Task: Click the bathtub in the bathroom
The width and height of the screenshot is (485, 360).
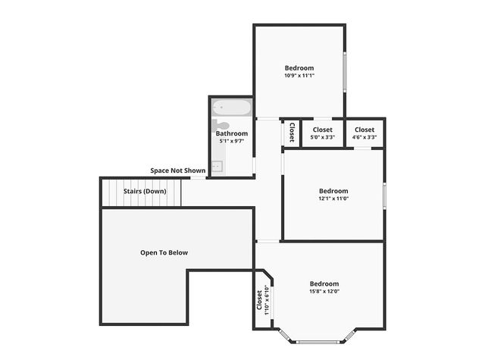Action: click(x=230, y=108)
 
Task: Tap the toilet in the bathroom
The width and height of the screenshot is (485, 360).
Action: click(x=221, y=125)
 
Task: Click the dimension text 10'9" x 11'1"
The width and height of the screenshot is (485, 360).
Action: click(x=299, y=76)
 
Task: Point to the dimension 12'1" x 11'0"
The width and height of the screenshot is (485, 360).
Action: click(x=333, y=199)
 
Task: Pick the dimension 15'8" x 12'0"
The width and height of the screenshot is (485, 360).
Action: click(x=324, y=291)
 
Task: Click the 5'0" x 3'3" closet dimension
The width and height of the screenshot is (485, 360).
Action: click(x=322, y=137)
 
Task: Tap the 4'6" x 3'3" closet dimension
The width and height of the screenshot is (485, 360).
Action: click(x=364, y=137)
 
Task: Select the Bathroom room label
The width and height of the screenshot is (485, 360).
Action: click(x=232, y=133)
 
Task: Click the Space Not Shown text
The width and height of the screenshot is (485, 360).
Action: click(x=177, y=171)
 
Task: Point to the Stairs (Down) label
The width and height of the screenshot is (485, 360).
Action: click(x=145, y=191)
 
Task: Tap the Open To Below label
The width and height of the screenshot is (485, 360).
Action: click(x=164, y=252)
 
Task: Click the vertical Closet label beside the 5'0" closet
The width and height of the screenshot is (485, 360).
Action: click(x=291, y=132)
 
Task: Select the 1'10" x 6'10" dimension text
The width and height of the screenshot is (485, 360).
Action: click(x=267, y=298)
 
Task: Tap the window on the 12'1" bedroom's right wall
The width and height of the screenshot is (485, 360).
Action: click(x=384, y=195)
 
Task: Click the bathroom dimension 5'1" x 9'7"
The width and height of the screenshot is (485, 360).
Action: click(x=232, y=141)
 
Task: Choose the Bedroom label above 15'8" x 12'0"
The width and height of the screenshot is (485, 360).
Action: click(x=324, y=283)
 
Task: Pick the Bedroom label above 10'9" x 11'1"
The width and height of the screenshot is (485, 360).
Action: click(x=299, y=68)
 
